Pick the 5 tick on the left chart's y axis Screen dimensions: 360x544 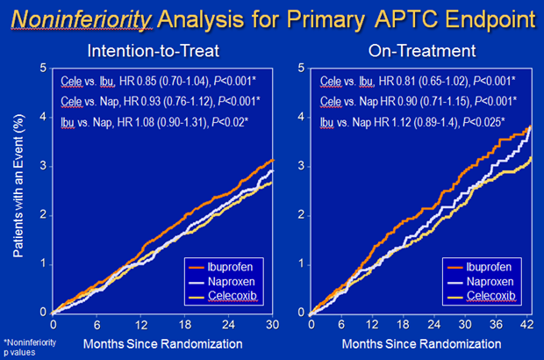[43, 68]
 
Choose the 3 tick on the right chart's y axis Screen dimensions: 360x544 [301, 166]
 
